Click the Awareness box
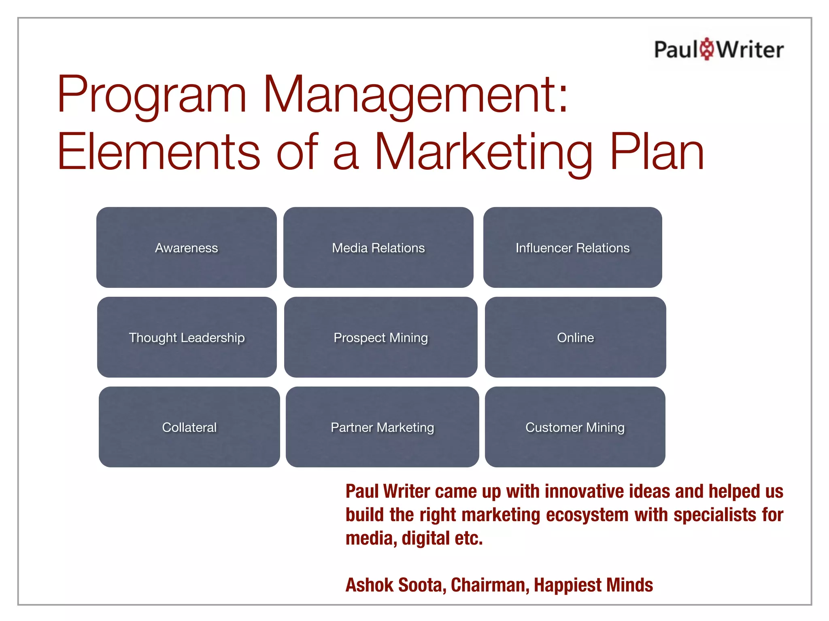[x=187, y=247]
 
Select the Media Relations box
[x=378, y=247]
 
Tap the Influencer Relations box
[x=572, y=247]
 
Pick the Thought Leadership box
[x=187, y=337]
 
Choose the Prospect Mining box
[x=380, y=337]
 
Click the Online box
[x=575, y=337]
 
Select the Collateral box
[x=189, y=427]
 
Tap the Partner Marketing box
[x=382, y=427]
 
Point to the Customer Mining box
[x=575, y=427]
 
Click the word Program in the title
[x=152, y=95]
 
